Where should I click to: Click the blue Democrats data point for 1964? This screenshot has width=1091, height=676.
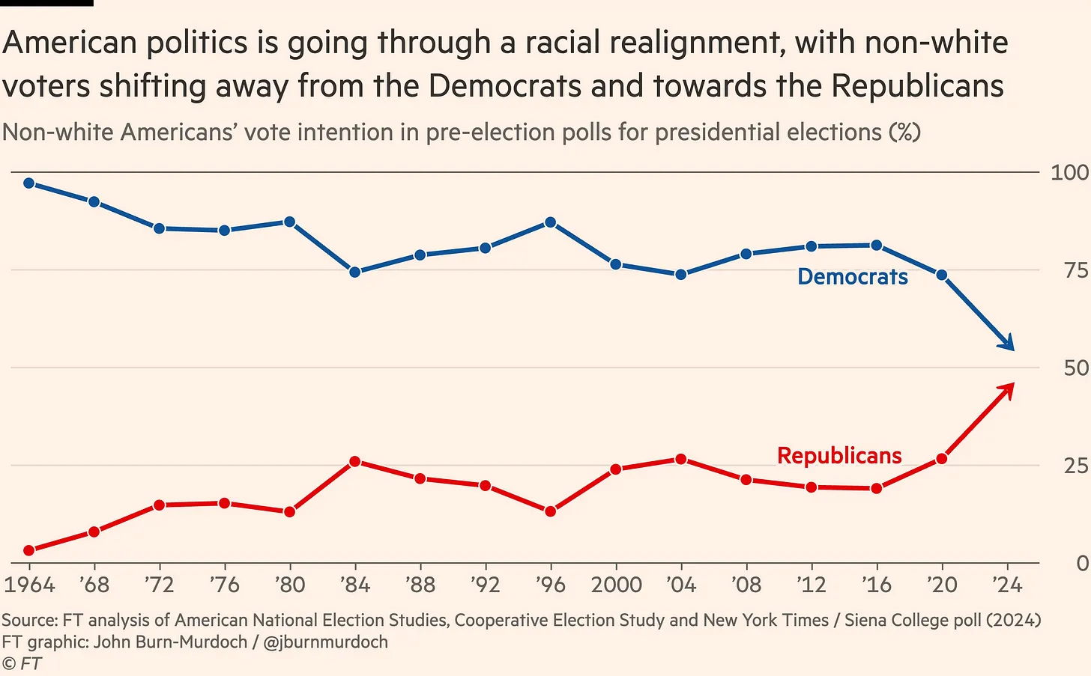pos(29,183)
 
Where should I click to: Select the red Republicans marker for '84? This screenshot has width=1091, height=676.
pos(355,461)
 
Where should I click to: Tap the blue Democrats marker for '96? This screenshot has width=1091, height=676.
pos(551,222)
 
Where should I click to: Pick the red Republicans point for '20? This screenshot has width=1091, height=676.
pos(942,458)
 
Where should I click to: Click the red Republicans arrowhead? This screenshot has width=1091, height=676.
pos(1009,389)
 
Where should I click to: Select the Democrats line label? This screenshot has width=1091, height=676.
pos(852,277)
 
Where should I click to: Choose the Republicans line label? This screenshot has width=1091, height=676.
pos(839,455)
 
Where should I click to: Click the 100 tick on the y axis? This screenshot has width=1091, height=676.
pos(1069,172)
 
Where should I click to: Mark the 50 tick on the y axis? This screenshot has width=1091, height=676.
pos(1075,368)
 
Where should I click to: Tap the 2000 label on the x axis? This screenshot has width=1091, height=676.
pos(616,585)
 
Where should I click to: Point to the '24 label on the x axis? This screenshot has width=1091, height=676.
pos(1007,585)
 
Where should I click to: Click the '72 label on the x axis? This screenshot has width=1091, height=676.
pos(159,585)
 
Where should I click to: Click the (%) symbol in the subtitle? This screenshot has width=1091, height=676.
pos(904,133)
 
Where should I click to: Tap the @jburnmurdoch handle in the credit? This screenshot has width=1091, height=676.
pos(326,642)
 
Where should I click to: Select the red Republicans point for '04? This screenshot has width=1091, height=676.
pos(681,459)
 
